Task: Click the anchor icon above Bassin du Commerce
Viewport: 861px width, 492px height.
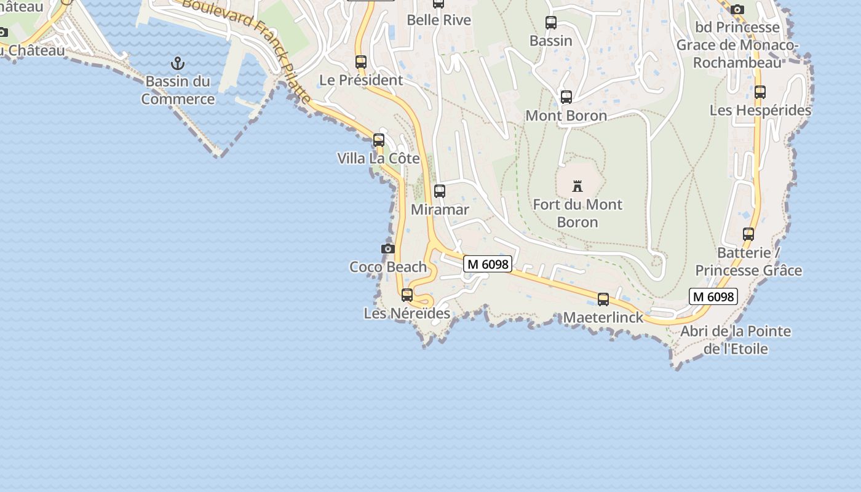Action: pos(178,63)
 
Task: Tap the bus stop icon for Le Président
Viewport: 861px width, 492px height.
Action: pos(361,61)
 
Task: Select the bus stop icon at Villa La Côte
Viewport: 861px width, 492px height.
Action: pos(379,140)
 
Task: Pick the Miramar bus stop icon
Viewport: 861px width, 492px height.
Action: pos(439,191)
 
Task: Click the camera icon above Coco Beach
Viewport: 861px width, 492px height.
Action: pos(387,248)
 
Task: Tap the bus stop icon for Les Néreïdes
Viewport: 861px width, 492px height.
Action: pos(407,295)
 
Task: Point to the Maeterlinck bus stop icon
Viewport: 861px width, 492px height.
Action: pos(603,299)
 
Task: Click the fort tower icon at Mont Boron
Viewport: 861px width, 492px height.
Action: pos(577,186)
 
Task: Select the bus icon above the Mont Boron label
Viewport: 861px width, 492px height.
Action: pos(566,97)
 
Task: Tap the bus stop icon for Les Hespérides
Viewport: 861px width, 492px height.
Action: pos(760,92)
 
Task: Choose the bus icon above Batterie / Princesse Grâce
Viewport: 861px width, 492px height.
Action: pos(748,234)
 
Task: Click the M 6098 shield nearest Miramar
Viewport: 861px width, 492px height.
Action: pos(488,264)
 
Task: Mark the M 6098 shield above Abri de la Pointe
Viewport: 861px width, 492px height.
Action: pos(713,296)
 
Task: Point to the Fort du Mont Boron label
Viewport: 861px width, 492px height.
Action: pos(577,213)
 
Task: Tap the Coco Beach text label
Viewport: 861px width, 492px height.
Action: pos(388,267)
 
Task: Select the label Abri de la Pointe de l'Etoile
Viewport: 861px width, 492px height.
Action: pos(736,340)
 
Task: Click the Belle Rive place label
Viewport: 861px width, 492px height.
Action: pos(439,20)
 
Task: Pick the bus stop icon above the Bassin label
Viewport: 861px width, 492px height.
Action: pos(551,23)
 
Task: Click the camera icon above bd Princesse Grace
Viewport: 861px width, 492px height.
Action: pos(737,9)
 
